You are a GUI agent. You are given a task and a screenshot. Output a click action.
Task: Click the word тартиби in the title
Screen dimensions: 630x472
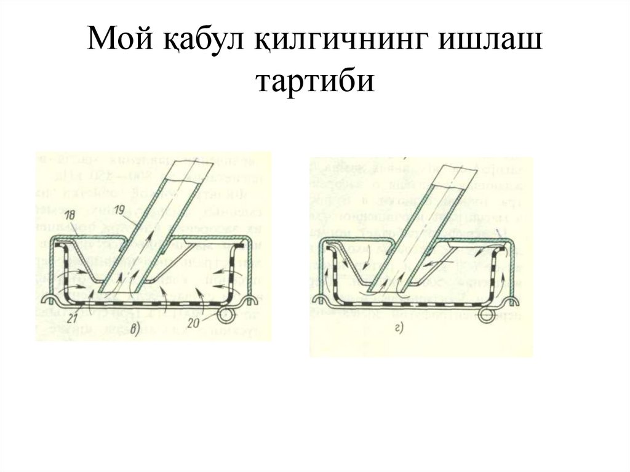tap(314, 81)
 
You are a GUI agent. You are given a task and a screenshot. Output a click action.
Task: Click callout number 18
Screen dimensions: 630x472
tap(70, 214)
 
